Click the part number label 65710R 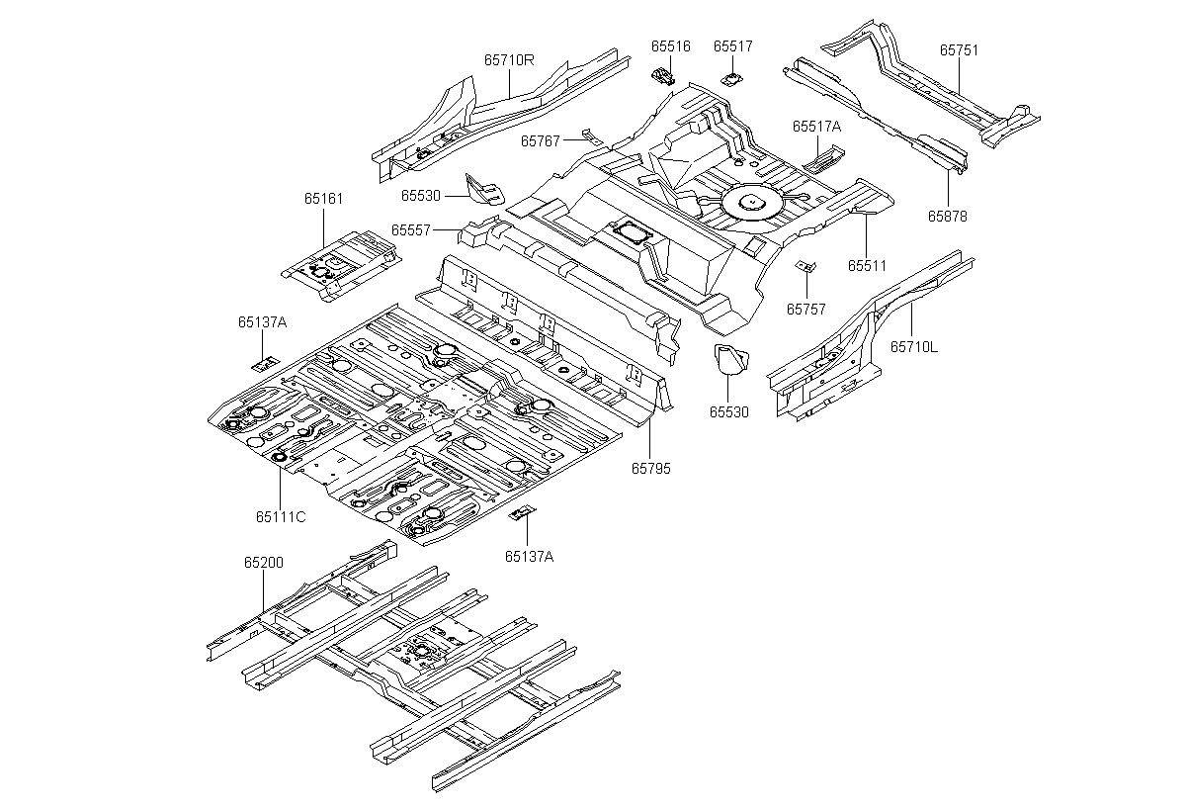coord(509,60)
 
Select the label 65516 coord(671,46)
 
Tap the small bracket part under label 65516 coord(663,76)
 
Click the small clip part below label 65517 coord(731,79)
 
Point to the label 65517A coord(816,126)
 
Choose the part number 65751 coord(959,49)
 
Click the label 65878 coord(947,217)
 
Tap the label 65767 coord(540,140)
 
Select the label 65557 coord(411,229)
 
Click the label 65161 coord(323,198)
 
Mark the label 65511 coord(867,265)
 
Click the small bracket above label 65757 coord(805,266)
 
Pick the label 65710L coord(914,347)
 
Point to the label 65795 coord(650,468)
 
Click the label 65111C coord(281,516)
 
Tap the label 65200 coord(264,562)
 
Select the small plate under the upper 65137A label coord(265,363)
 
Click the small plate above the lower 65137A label coord(522,512)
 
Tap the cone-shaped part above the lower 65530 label coord(730,359)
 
